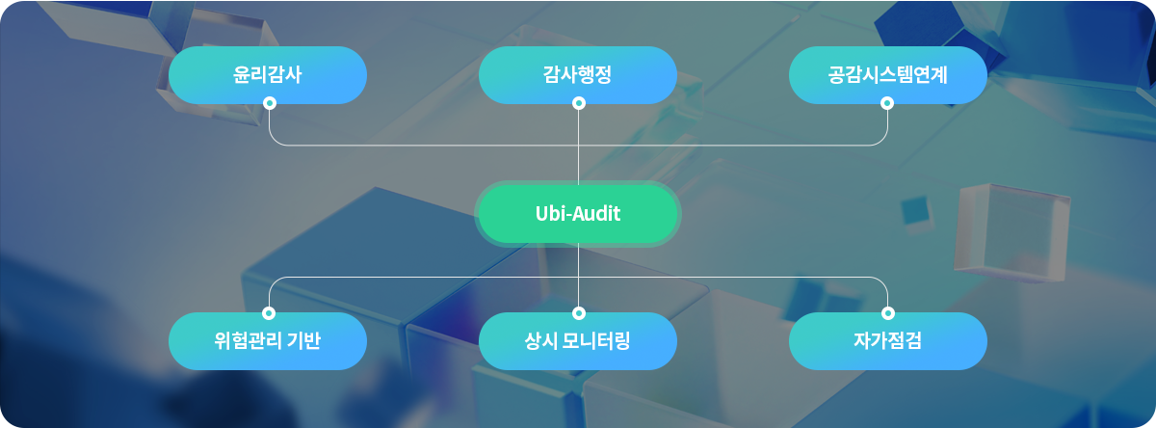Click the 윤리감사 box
pos(268,74)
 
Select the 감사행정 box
pos(578,74)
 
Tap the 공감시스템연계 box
pos(887,74)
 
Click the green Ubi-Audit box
pos(578,213)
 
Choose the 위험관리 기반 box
pos(268,340)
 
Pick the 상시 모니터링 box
pos(578,340)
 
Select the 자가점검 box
pos(887,340)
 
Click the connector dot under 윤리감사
pos(270,103)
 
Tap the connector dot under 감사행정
pos(579,103)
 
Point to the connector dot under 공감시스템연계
pos(886,103)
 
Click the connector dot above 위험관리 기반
pos(269,312)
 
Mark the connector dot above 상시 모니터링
pos(579,312)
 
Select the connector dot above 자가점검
pos(888,312)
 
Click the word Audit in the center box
pos(599,213)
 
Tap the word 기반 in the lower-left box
pos(305,340)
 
